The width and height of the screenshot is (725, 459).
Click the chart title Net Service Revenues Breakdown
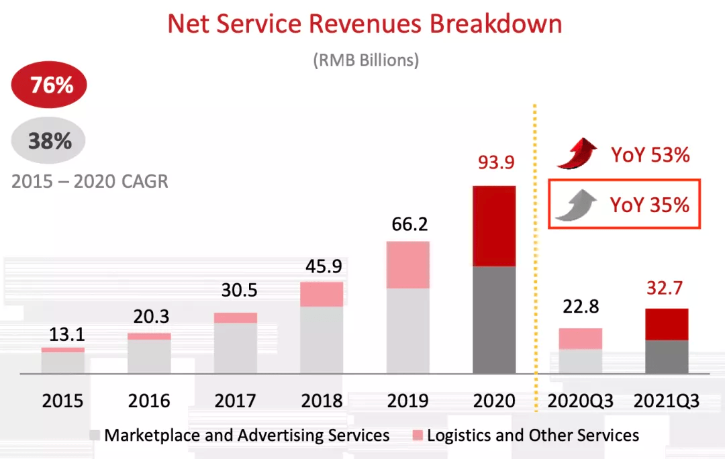pyautogui.click(x=365, y=24)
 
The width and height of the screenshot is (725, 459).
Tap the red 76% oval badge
pyautogui.click(x=50, y=85)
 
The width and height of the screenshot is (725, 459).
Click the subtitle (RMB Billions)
pyautogui.click(x=366, y=60)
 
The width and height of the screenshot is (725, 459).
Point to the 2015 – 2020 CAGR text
pyautogui.click(x=90, y=181)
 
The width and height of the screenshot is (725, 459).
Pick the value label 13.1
pyautogui.click(x=64, y=334)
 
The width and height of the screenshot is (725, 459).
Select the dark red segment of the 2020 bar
pyautogui.click(x=494, y=226)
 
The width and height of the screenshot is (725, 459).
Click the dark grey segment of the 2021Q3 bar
pyautogui.click(x=667, y=356)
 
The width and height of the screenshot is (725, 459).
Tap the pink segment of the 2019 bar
pyautogui.click(x=408, y=265)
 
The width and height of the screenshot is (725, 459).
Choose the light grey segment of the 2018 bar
pyautogui.click(x=322, y=340)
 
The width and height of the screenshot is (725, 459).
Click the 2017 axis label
pyautogui.click(x=236, y=401)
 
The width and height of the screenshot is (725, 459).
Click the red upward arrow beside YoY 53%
pyautogui.click(x=577, y=154)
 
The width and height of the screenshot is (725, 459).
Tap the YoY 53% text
pyautogui.click(x=650, y=155)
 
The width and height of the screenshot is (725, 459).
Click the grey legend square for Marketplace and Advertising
pyautogui.click(x=95, y=436)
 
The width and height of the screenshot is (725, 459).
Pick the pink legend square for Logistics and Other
pyautogui.click(x=418, y=436)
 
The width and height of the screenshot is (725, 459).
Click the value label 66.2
pyautogui.click(x=409, y=223)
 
